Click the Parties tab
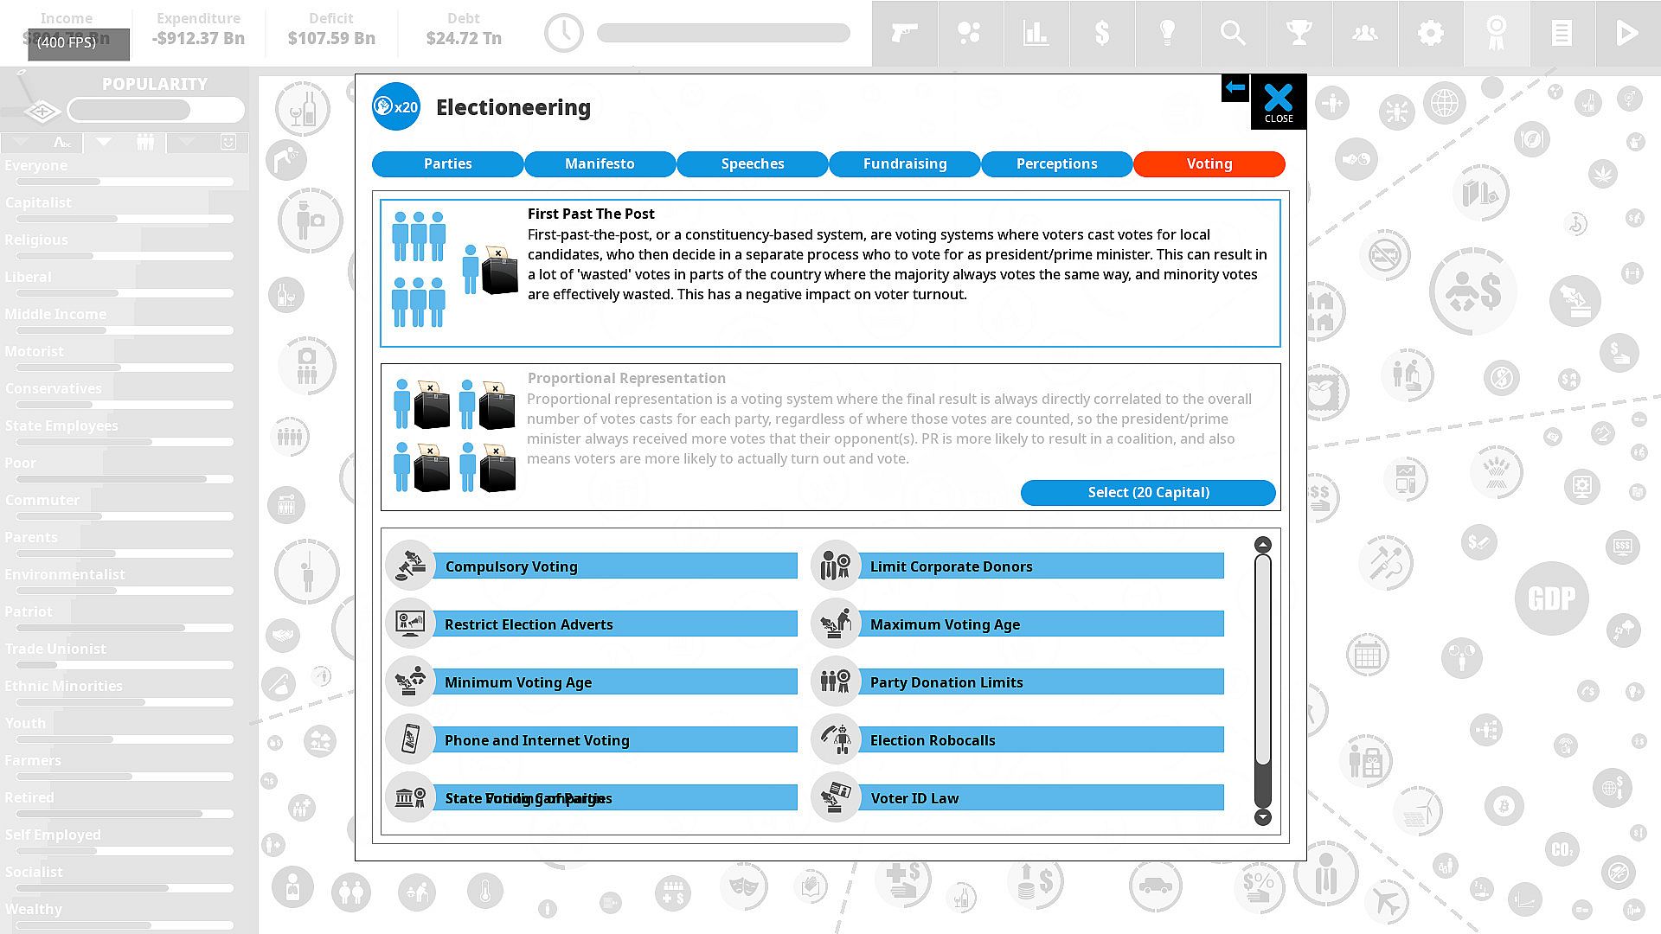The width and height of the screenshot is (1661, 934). click(x=447, y=163)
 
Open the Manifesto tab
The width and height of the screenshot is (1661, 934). click(x=600, y=163)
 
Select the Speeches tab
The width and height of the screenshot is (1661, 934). click(x=752, y=163)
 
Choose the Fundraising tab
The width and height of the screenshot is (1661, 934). click(x=904, y=163)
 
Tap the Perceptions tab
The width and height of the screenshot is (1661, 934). click(x=1056, y=163)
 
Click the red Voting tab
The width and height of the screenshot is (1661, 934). click(x=1209, y=163)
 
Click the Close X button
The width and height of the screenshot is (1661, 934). click(x=1278, y=102)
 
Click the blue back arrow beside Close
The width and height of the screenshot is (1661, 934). click(x=1235, y=87)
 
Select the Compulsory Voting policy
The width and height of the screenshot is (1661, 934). click(x=614, y=566)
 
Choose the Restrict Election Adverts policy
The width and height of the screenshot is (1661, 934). click(x=614, y=624)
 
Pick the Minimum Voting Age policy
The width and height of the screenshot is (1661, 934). click(x=614, y=682)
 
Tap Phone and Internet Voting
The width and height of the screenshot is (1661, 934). click(x=614, y=740)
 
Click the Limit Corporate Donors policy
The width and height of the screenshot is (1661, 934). click(x=1040, y=566)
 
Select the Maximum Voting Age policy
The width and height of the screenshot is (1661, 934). click(x=1040, y=624)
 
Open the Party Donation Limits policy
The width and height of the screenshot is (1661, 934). click(x=1040, y=682)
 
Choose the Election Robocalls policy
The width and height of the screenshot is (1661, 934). click(x=1040, y=740)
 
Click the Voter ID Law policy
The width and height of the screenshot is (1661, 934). click(x=1040, y=798)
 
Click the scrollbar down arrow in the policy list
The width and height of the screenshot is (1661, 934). click(x=1263, y=817)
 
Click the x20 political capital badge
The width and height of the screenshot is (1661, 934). click(x=396, y=107)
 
